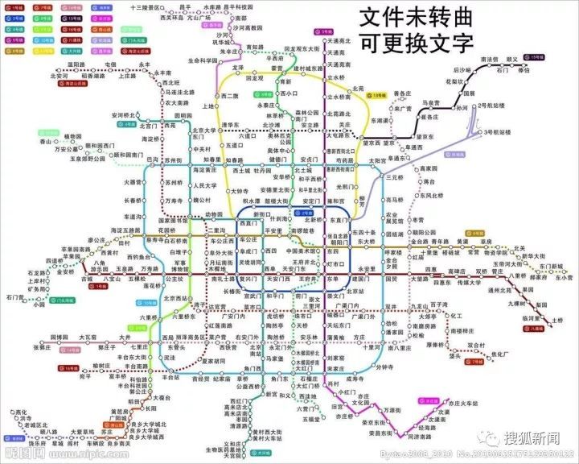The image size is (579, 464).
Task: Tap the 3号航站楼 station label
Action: pos(499,131)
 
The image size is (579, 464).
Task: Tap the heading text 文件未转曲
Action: pos(415,18)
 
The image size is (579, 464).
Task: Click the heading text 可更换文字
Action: pos(415,42)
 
